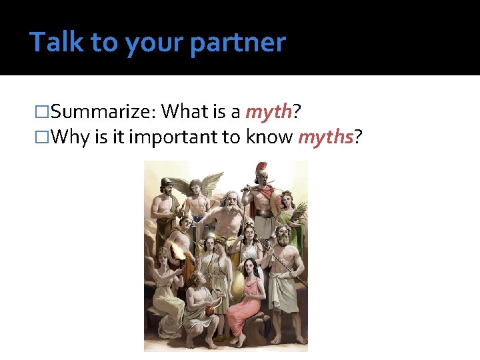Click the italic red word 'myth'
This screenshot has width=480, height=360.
269,111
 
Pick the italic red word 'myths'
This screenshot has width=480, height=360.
325,137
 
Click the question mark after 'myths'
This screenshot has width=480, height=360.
358,137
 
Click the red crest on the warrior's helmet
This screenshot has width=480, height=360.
261,169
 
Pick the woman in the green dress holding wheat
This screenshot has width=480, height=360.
291,213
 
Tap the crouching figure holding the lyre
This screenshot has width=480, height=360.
200,307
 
